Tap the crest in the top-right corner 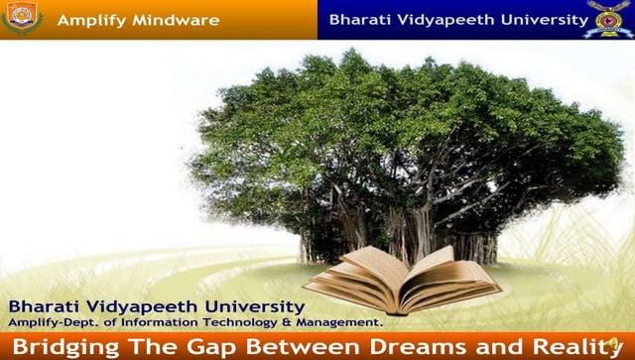point(608,19)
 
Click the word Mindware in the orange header point(180,20)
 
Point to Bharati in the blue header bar point(360,19)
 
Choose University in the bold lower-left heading point(246,306)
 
